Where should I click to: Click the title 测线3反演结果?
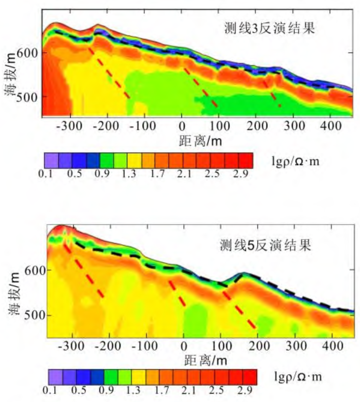tap(270, 29)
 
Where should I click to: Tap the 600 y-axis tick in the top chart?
tap(32, 53)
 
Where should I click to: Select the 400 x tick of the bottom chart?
tap(332, 346)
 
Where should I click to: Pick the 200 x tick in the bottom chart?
tap(257, 346)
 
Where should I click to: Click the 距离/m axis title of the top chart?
tap(200, 140)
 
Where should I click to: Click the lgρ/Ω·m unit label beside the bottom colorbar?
tap(297, 376)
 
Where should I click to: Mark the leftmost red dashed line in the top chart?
tap(109, 73)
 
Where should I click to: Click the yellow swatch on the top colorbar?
tap(134, 161)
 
